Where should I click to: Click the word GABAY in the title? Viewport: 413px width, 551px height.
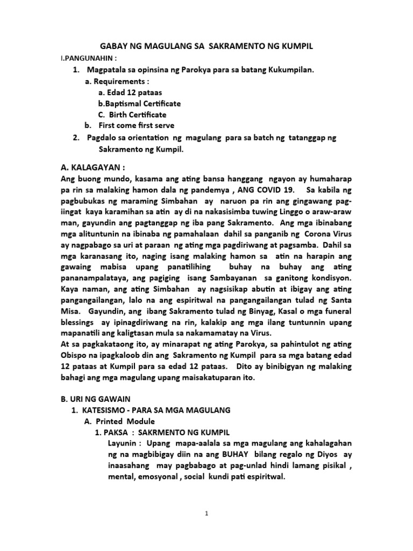click(117, 47)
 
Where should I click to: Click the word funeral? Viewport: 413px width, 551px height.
click(336, 311)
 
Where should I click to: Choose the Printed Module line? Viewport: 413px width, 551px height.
click(125, 421)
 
